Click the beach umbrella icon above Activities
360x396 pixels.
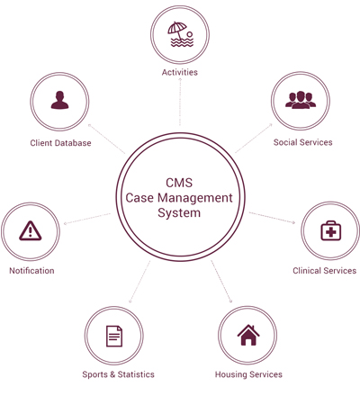tap(180, 34)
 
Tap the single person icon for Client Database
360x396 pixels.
tap(59, 100)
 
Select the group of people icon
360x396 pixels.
tap(301, 100)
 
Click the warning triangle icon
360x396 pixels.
tap(31, 230)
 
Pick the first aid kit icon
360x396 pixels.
tap(331, 230)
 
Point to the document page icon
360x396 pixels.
tap(114, 336)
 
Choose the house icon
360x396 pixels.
tap(248, 335)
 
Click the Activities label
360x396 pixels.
tap(180, 72)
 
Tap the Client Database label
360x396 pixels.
tap(60, 143)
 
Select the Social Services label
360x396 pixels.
tap(302, 142)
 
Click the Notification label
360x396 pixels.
tap(31, 271)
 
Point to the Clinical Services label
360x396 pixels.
tap(325, 271)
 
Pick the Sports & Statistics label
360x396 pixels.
tap(118, 374)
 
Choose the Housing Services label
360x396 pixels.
tap(248, 374)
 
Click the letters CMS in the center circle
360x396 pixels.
tap(179, 183)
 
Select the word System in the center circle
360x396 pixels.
tap(179, 213)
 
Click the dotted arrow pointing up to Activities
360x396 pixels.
tap(180, 102)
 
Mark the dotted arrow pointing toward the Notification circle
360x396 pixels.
tap(87, 219)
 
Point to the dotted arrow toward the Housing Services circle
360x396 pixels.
tap(221, 282)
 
